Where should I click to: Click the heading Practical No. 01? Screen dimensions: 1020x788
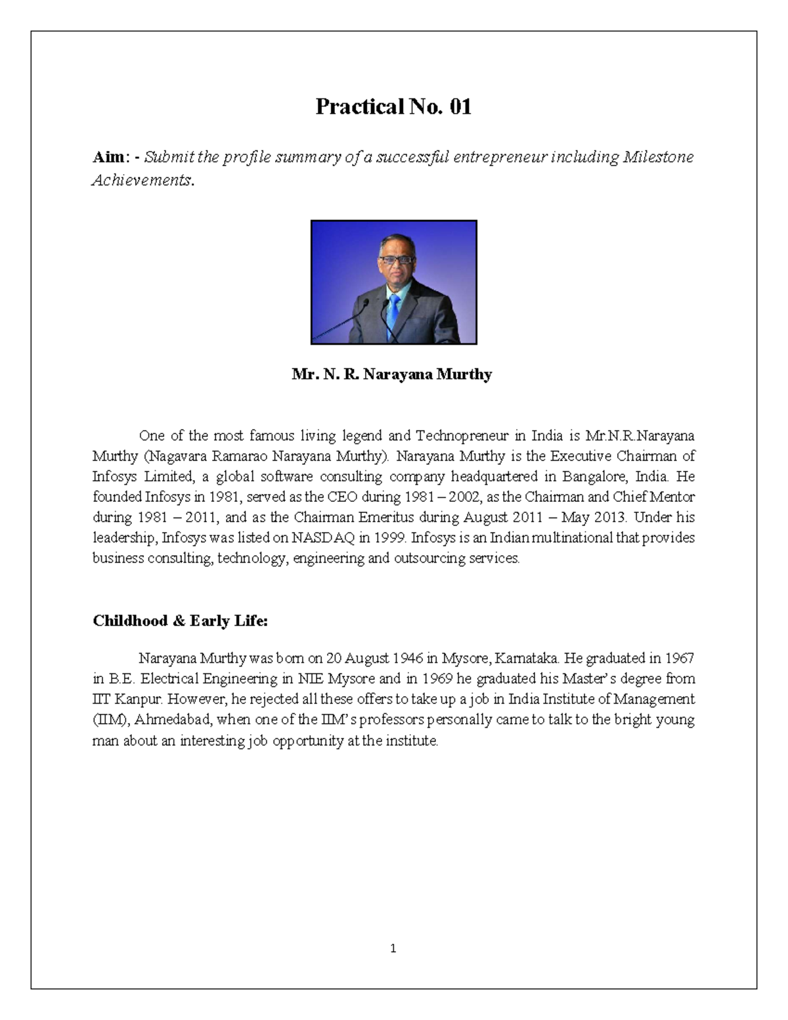point(393,106)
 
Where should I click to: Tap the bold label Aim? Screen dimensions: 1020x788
point(108,158)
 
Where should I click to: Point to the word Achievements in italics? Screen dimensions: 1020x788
point(141,181)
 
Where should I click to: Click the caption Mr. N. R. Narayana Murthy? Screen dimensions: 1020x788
point(392,374)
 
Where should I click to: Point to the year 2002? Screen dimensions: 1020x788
point(464,497)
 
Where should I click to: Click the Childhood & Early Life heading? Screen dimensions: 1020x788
point(180,621)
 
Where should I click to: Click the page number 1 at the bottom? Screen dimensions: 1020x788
point(393,948)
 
